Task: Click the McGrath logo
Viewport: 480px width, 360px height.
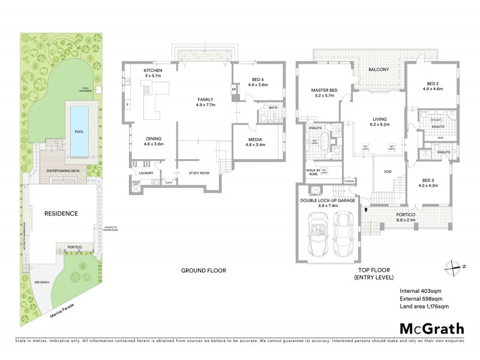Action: [432, 328]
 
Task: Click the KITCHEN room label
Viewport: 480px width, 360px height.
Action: [154, 71]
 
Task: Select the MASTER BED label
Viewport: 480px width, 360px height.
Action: [324, 91]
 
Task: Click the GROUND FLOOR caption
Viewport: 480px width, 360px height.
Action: [203, 271]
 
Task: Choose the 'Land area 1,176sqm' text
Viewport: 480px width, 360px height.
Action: [424, 307]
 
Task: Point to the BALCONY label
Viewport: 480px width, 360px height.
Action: [378, 70]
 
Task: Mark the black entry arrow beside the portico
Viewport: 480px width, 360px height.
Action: [365, 210]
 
